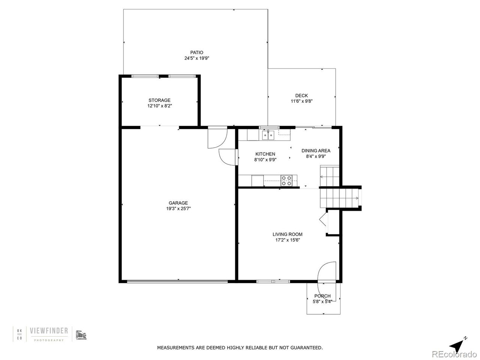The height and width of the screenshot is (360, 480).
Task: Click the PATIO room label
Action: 196,52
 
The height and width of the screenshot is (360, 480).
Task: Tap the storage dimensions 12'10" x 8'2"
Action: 160,106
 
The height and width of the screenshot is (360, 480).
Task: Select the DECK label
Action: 301,96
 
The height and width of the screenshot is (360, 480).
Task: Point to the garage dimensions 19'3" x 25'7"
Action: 178,208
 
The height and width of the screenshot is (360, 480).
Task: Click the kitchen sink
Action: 268,135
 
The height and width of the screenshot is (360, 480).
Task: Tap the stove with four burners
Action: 286,181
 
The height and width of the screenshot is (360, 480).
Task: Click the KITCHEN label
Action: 265,154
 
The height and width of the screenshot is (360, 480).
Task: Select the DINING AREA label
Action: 316,151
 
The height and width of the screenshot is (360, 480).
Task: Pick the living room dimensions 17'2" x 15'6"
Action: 287,240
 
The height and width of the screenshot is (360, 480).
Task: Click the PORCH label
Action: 322,296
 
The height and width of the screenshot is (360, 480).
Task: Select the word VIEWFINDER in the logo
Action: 49,331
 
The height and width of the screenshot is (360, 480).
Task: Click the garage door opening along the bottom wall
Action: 177,282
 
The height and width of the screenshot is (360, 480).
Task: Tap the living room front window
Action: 273,282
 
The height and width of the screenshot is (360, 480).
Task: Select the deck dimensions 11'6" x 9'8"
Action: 301,101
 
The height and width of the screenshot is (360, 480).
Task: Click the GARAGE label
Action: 178,203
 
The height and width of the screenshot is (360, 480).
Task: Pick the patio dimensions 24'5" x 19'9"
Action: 197,58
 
